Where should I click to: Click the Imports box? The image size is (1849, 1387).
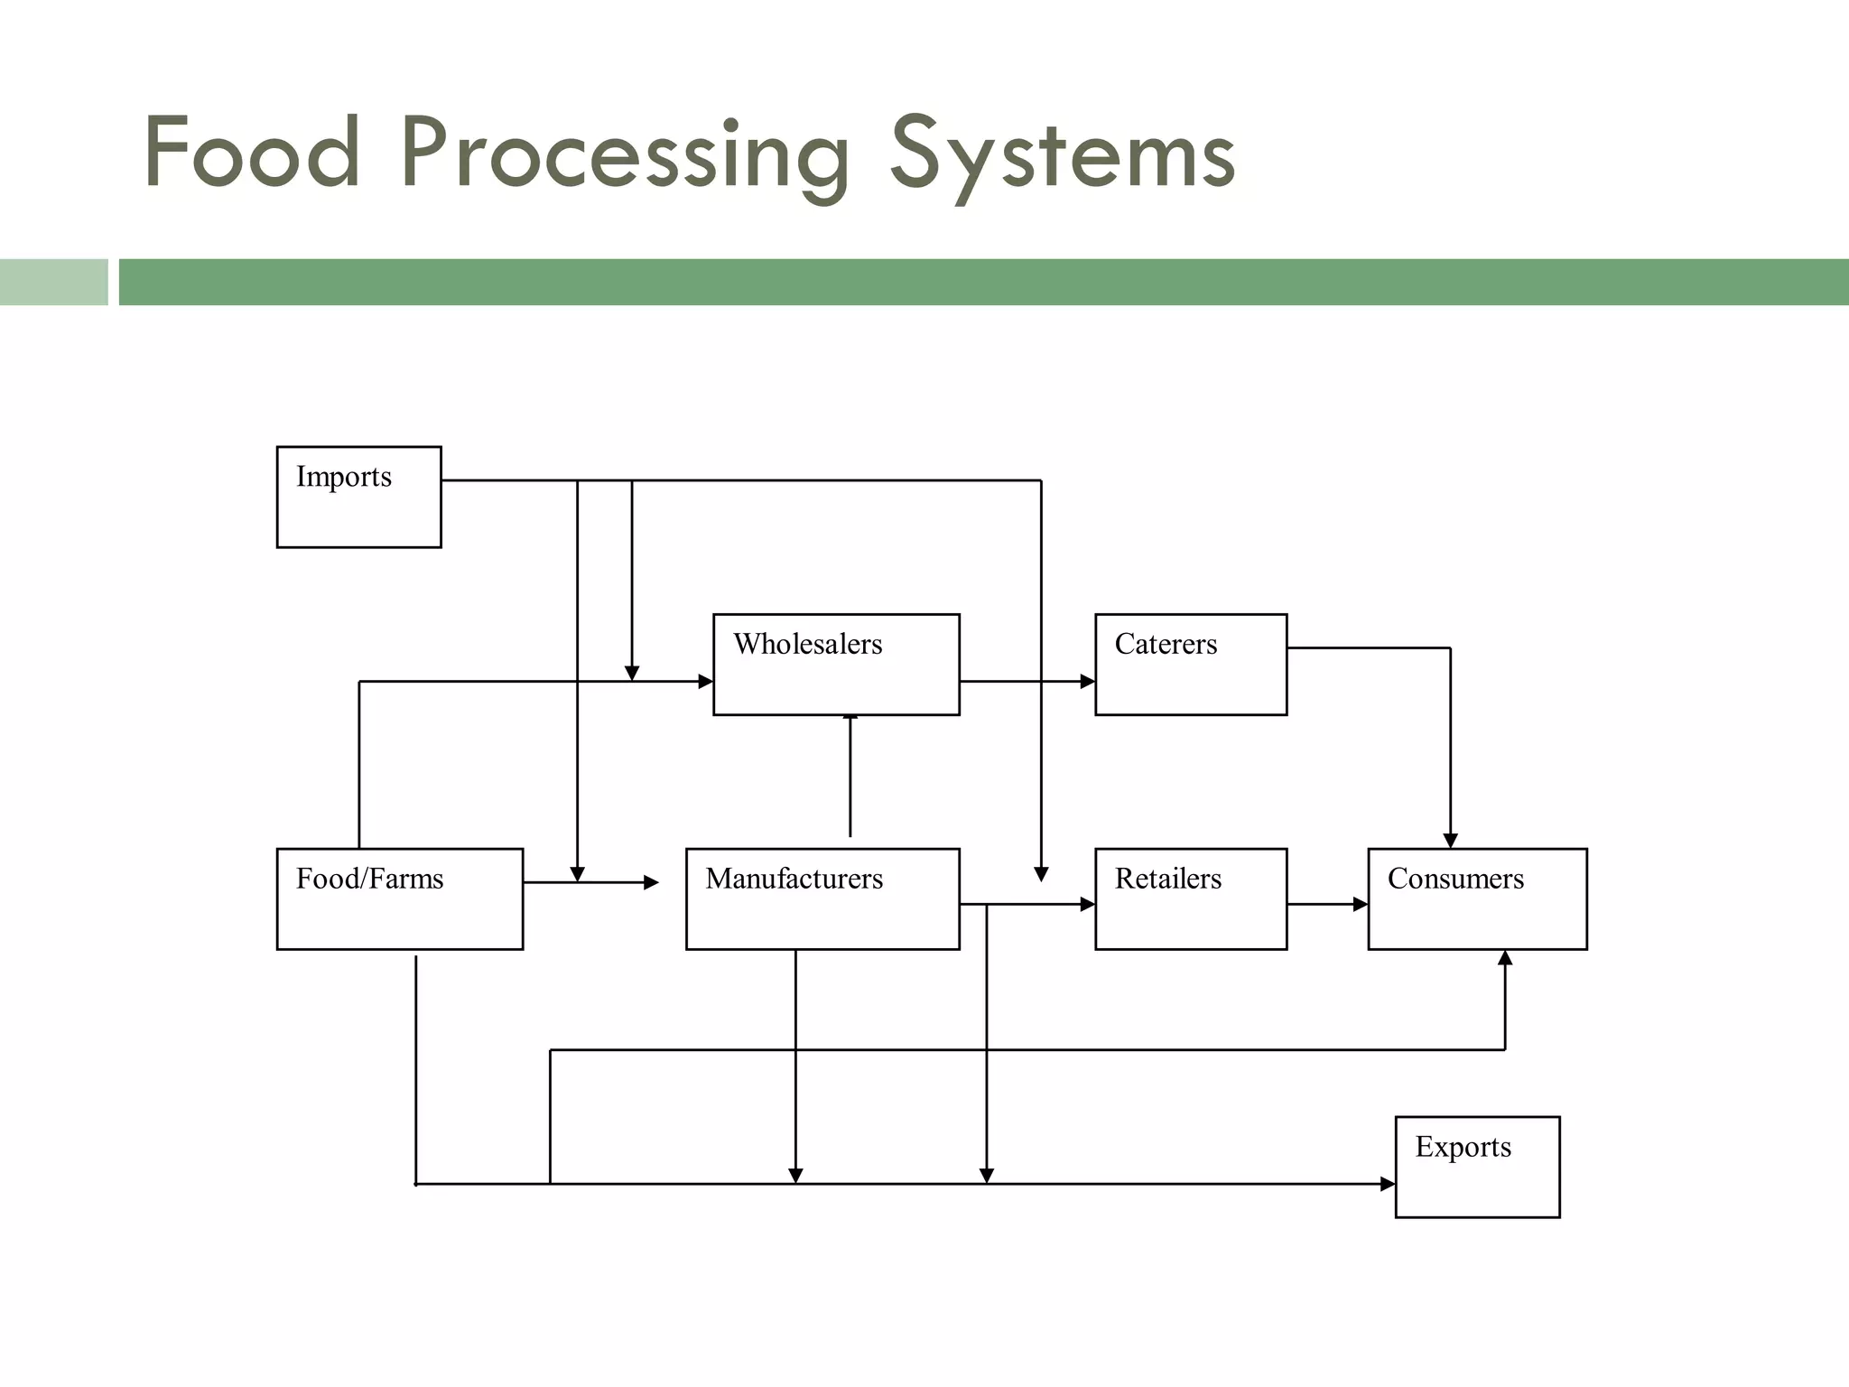pos(358,497)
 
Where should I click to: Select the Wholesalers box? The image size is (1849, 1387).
pos(836,665)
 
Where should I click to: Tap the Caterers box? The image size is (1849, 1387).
pos(1190,665)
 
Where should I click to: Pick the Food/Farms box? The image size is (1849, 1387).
pos(399,898)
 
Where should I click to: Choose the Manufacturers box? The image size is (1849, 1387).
pos(822,898)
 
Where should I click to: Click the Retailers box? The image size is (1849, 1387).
pos(1190,898)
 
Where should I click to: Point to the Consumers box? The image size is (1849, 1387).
pos(1477,898)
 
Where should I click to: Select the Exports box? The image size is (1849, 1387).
pos(1477,1167)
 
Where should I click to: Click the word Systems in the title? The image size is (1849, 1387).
pos(1063,155)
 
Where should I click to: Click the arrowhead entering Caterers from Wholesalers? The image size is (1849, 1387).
pos(1087,682)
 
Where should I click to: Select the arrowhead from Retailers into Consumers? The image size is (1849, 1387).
pos(1361,904)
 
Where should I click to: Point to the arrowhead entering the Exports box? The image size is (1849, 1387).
pos(1388,1184)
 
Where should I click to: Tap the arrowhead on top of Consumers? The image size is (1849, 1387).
pos(1450,841)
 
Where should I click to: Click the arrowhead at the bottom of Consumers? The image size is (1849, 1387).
pos(1505,958)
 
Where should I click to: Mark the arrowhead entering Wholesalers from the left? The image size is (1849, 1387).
pos(705,682)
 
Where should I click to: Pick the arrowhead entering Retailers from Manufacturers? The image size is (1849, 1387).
pos(1087,904)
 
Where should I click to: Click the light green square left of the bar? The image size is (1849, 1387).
pos(53,282)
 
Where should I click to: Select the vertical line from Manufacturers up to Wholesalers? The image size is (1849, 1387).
pos(850,777)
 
